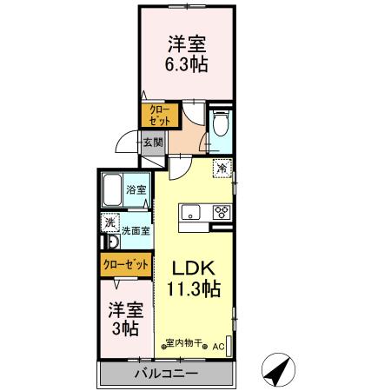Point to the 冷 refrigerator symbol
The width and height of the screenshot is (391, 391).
pos(222,169)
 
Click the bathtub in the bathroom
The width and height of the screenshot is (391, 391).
pos(111,190)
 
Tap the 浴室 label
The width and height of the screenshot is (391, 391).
pos(136,189)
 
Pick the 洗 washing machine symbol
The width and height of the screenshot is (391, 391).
pos(109,222)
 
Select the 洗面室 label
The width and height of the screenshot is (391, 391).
pos(136,231)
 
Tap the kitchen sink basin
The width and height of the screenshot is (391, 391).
pos(190,212)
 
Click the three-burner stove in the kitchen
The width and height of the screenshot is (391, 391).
pos(220,212)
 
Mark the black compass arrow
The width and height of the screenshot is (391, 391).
pos(277,371)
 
